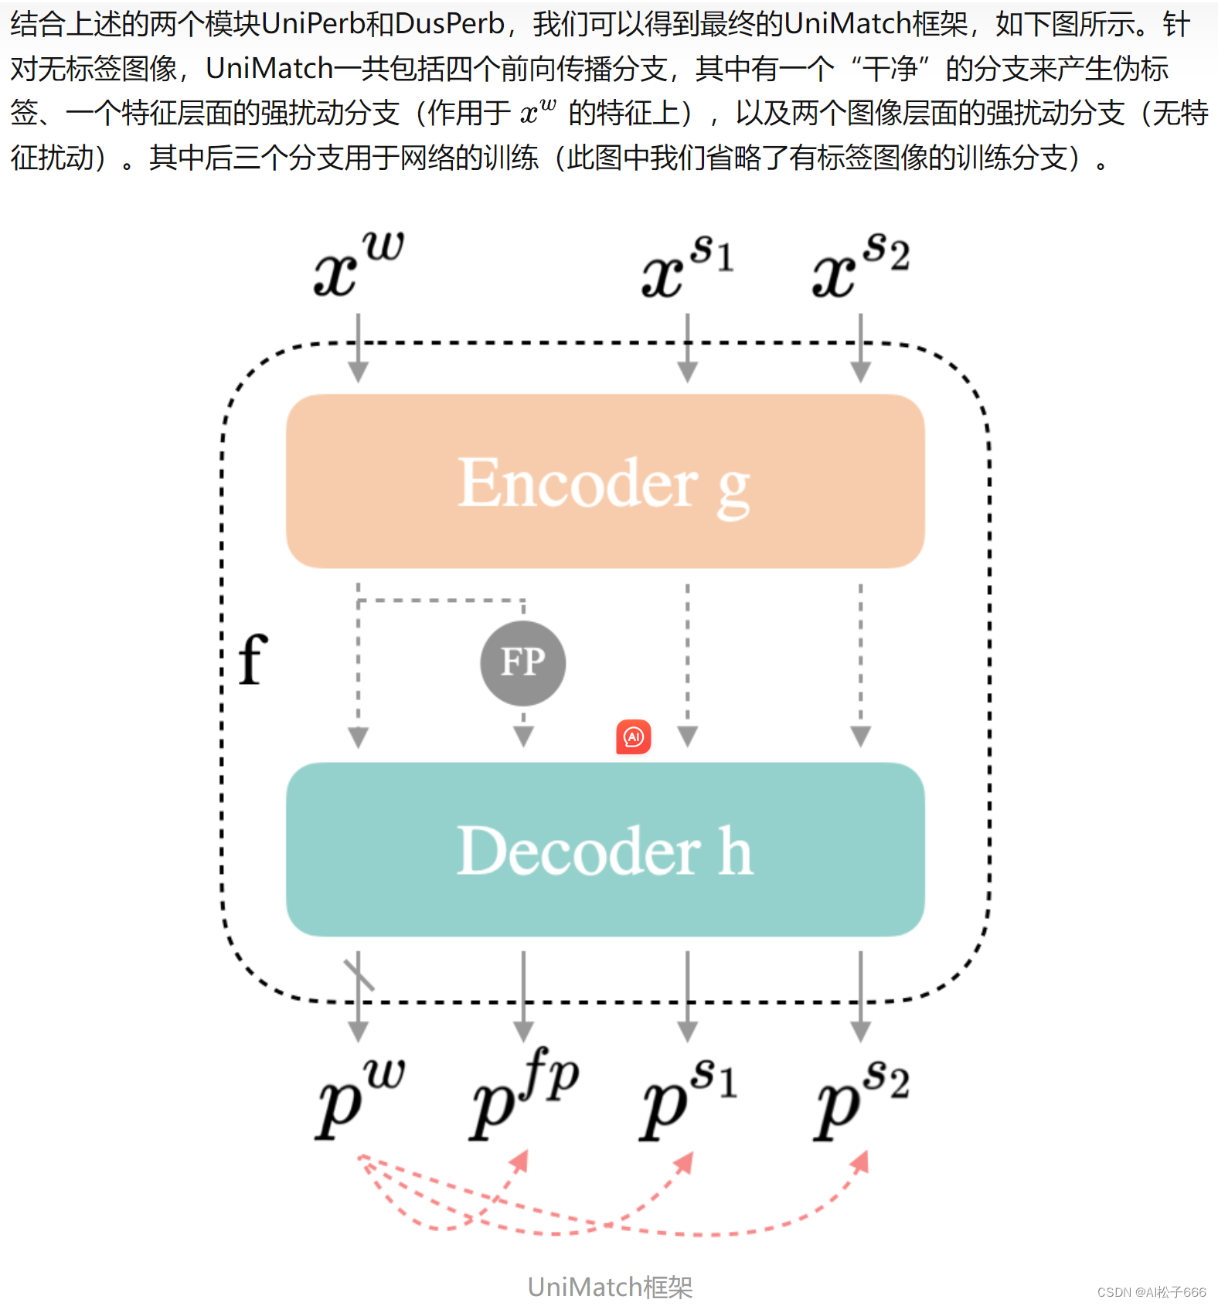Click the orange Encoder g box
point(605,481)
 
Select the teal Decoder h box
point(605,849)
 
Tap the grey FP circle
point(523,663)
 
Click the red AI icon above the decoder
point(634,737)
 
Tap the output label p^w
point(359,1097)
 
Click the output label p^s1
point(688,1097)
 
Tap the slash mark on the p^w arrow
point(359,974)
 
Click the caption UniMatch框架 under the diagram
point(610,1287)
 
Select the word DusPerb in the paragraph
point(449,25)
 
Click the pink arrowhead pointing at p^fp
point(522,1161)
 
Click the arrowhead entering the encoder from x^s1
point(687,372)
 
